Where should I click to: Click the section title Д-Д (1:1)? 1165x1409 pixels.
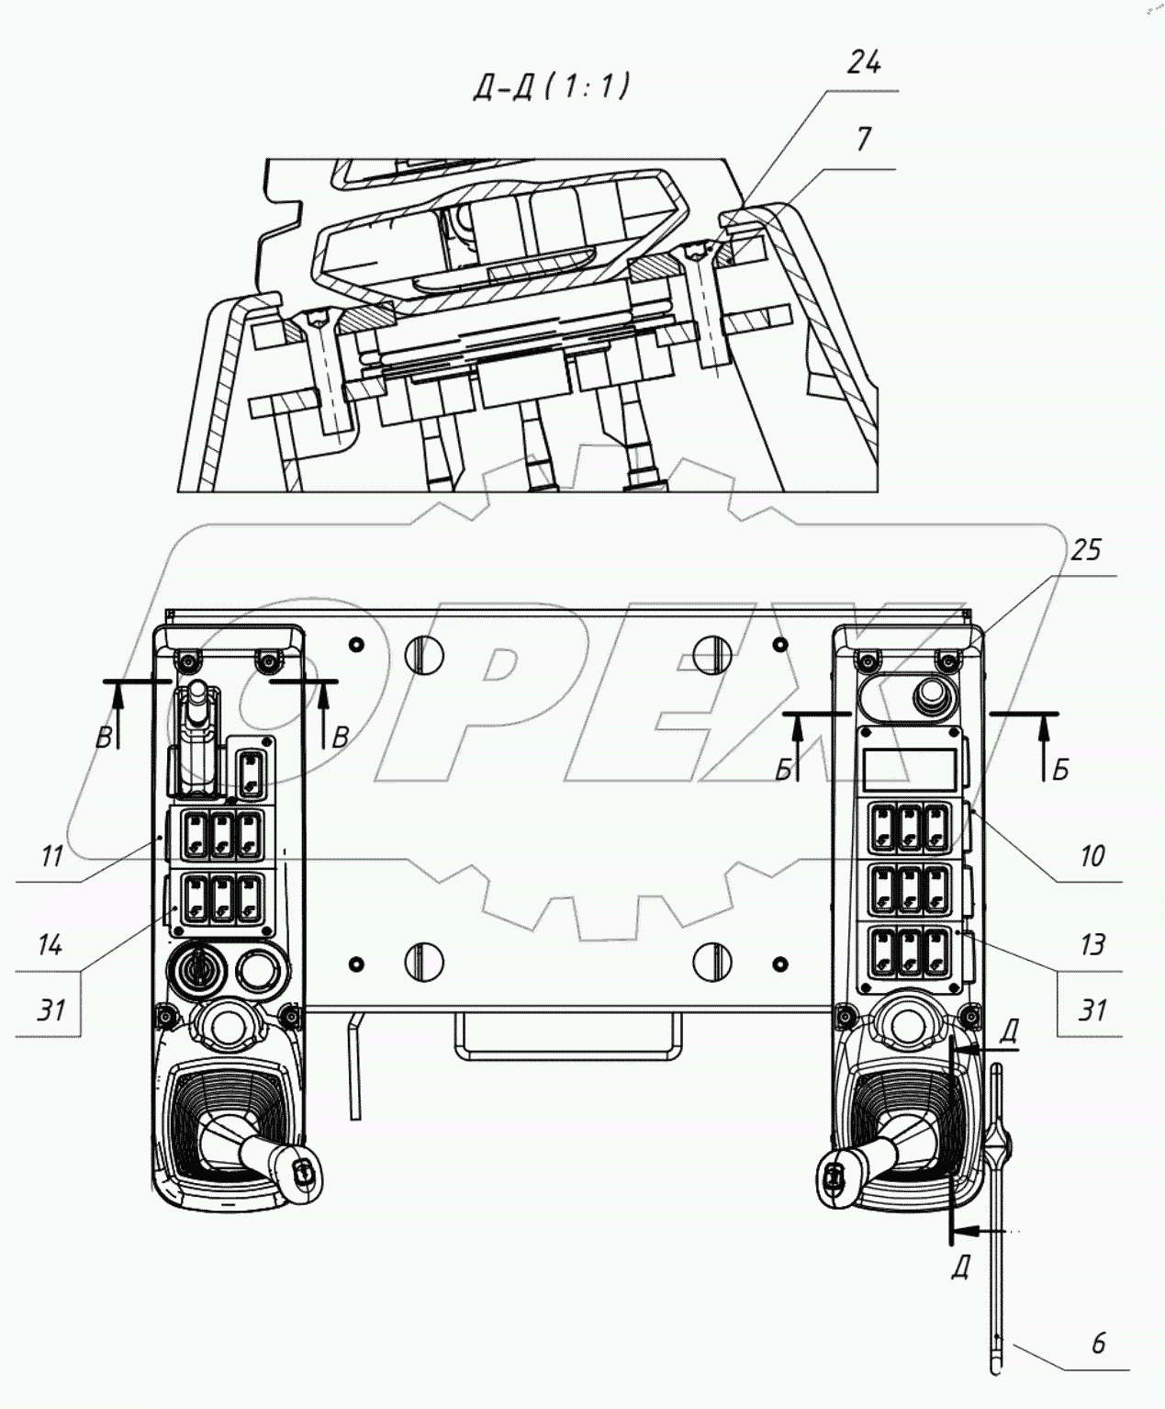[x=550, y=86]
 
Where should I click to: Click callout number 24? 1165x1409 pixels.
[x=864, y=63]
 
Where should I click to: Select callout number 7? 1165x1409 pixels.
[x=863, y=141]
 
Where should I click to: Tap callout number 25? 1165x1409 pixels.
[x=1085, y=550]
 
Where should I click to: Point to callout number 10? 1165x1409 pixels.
[x=1092, y=856]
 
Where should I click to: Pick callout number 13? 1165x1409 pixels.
[x=1092, y=943]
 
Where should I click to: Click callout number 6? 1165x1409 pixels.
[x=1098, y=1343]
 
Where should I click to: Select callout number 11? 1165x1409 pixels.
[x=51, y=856]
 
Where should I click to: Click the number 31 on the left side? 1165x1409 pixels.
[x=51, y=1009]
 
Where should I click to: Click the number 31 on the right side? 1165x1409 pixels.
[x=1092, y=1009]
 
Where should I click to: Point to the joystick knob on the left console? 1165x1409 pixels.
[x=301, y=1169]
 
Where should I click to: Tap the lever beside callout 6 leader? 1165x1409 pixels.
[x=998, y=1222]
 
